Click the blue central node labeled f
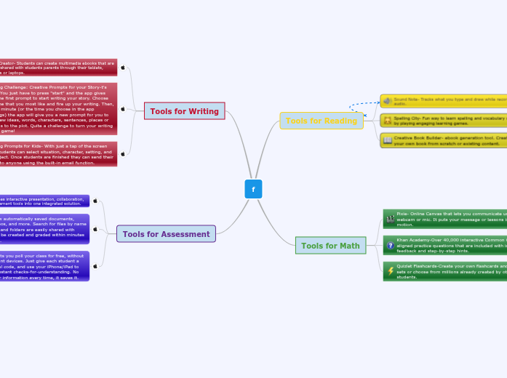tap(253, 189)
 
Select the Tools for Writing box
tap(184, 111)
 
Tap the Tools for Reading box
tap(321, 121)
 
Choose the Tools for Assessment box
tap(166, 234)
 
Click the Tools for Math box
tap(330, 246)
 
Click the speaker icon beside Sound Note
tap(387, 100)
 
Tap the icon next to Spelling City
tap(387, 120)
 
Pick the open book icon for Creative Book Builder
tap(387, 140)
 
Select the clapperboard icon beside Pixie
tap(390, 218)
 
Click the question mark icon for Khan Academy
tap(390, 245)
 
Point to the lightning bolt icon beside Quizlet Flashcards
tap(390, 270)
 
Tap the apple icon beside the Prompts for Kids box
tap(122, 153)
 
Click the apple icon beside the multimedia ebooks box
tap(122, 68)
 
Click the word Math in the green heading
tap(350, 246)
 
